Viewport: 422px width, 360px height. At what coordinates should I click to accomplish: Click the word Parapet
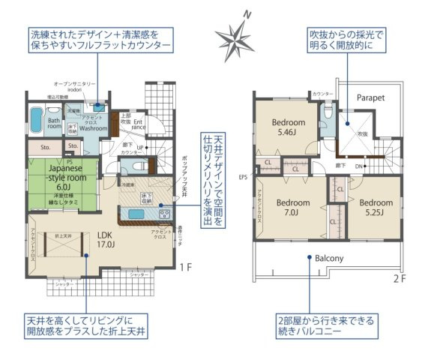tap(370, 97)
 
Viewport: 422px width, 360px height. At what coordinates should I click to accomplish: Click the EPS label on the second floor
tap(242, 178)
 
